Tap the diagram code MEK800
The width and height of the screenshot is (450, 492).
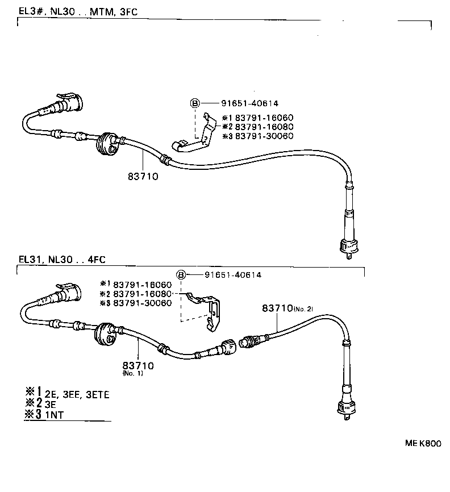pyautogui.click(x=423, y=444)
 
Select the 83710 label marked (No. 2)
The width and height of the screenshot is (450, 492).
pyautogui.click(x=287, y=308)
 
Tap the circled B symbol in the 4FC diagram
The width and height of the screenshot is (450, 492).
pyautogui.click(x=181, y=275)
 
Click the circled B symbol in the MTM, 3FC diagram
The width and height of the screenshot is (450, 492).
pyautogui.click(x=194, y=103)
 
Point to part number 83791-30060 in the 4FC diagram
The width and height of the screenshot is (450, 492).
pyautogui.click(x=142, y=303)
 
